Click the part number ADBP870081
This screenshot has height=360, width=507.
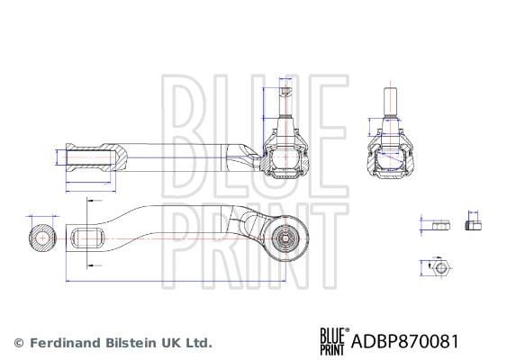(404, 341)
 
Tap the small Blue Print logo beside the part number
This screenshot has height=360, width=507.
(332, 342)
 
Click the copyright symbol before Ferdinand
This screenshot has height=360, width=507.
(19, 343)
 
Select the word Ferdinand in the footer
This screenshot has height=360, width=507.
(65, 343)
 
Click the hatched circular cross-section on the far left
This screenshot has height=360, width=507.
(42, 238)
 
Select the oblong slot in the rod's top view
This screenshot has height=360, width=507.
(87, 238)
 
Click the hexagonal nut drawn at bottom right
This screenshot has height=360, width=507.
(439, 268)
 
